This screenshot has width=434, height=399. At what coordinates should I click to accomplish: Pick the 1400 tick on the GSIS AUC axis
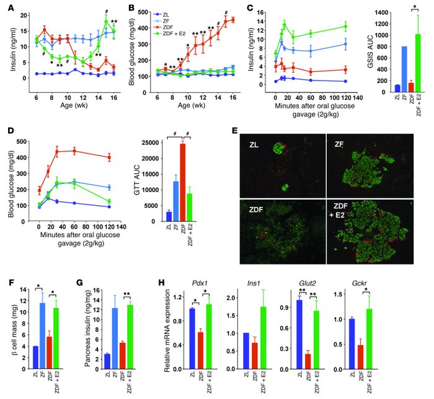[x=370, y=12]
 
